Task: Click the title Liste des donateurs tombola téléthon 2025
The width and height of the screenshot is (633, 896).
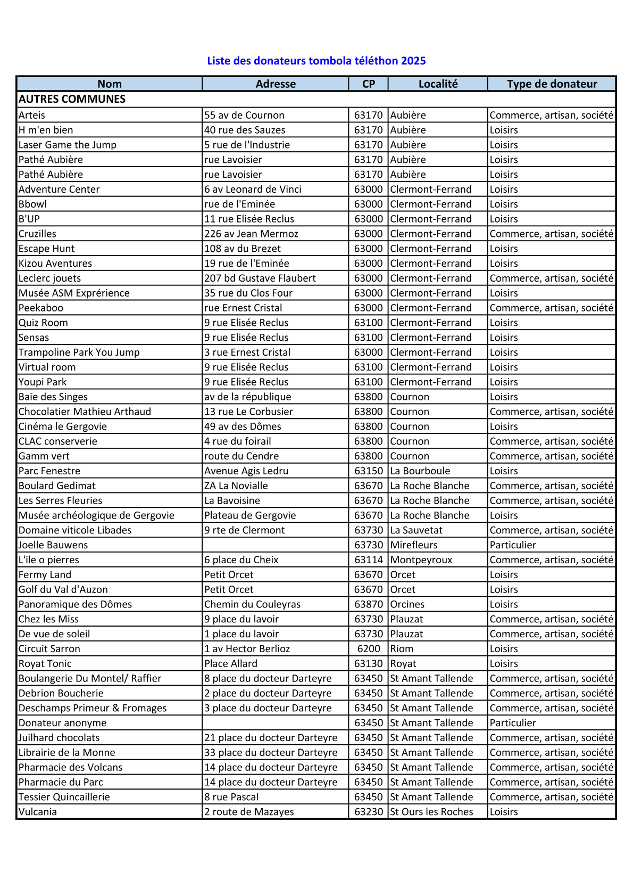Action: pyautogui.click(x=316, y=61)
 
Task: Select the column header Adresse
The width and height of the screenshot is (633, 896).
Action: pyautogui.click(x=276, y=84)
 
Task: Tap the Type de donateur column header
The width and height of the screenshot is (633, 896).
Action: pyautogui.click(x=552, y=84)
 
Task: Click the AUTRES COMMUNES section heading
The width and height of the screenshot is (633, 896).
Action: pyautogui.click(x=72, y=99)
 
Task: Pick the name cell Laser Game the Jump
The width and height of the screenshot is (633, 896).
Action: pyautogui.click(x=68, y=145)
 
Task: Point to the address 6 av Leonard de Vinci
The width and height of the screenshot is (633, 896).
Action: pyautogui.click(x=253, y=190)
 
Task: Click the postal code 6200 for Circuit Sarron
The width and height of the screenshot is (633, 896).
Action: pyautogui.click(x=369, y=649)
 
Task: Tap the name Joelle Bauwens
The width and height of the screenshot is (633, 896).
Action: pyautogui.click(x=53, y=545)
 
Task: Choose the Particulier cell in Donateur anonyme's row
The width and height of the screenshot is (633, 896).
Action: pyautogui.click(x=513, y=723)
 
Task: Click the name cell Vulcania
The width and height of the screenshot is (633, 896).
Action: pyautogui.click(x=38, y=812)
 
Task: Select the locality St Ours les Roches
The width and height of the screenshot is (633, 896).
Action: pyautogui.click(x=431, y=812)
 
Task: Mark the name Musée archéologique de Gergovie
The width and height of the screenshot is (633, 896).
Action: pyautogui.click(x=96, y=515)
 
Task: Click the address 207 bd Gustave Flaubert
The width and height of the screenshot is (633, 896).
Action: pyautogui.click(x=260, y=278)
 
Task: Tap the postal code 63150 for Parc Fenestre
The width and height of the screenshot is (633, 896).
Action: pyautogui.click(x=369, y=471)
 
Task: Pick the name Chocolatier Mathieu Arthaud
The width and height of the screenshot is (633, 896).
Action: pyautogui.click(x=85, y=412)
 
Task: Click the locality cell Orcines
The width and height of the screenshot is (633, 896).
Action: pyautogui.click(x=407, y=604)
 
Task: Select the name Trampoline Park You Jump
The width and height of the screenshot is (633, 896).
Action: pyautogui.click(x=79, y=352)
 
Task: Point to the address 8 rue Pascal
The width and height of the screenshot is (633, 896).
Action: pyautogui.click(x=231, y=797)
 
